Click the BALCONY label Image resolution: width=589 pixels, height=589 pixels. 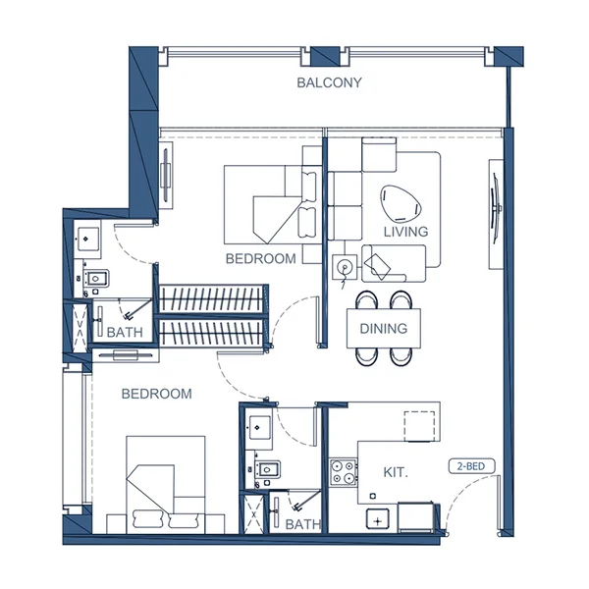pos(329,83)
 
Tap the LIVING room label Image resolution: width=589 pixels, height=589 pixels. pos(405,232)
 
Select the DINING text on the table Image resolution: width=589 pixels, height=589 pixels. pos(384,329)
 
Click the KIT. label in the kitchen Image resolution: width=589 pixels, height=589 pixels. pos(396,473)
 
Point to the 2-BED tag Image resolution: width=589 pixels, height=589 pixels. pos(471,467)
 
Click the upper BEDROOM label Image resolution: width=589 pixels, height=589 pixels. pos(260,259)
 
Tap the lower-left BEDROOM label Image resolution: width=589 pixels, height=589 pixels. pos(156,394)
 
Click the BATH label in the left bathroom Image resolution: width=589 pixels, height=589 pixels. pos(125,334)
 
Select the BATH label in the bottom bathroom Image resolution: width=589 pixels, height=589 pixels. pos(302,525)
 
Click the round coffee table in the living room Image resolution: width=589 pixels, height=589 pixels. pos(399,202)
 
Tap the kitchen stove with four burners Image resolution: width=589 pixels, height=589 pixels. pos(344,472)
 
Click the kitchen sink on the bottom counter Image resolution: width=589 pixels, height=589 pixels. pos(378,517)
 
